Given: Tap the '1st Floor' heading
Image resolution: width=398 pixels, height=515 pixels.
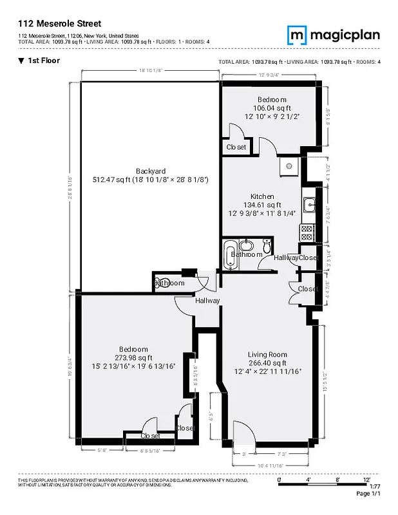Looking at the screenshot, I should pyautogui.click(x=40, y=61).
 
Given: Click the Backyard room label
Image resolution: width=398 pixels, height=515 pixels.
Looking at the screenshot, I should pyautogui.click(x=151, y=171).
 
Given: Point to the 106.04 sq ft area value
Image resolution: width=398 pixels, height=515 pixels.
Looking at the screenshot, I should pyautogui.click(x=272, y=108).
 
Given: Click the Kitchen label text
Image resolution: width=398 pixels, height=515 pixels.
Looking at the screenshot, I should pyautogui.click(x=262, y=196).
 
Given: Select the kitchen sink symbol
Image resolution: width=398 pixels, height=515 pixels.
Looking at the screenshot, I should pyautogui.click(x=308, y=205).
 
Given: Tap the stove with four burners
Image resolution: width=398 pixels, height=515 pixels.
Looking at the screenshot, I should pyautogui.click(x=307, y=232).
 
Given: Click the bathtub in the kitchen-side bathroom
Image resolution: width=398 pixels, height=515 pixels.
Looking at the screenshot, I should pyautogui.click(x=231, y=247).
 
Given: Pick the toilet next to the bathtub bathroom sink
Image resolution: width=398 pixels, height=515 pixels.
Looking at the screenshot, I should pyautogui.click(x=266, y=245).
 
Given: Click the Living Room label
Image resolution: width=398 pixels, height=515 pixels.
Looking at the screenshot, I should pyautogui.click(x=268, y=355).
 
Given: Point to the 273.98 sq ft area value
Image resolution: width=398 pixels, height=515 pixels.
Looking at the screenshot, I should pyautogui.click(x=133, y=358).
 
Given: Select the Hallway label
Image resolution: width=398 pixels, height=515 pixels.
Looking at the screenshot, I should pyautogui.click(x=207, y=301).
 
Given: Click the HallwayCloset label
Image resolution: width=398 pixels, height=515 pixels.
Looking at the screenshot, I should pyautogui.click(x=296, y=257).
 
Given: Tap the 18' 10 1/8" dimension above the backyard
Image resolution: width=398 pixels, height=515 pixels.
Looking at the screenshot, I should pyautogui.click(x=149, y=70).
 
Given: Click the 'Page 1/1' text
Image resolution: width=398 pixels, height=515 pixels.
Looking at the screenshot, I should pyautogui.click(x=369, y=494).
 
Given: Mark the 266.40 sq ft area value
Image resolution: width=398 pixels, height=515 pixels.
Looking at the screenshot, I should pyautogui.click(x=268, y=363).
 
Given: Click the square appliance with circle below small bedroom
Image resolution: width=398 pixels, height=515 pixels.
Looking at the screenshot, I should pyautogui.click(x=289, y=166).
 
